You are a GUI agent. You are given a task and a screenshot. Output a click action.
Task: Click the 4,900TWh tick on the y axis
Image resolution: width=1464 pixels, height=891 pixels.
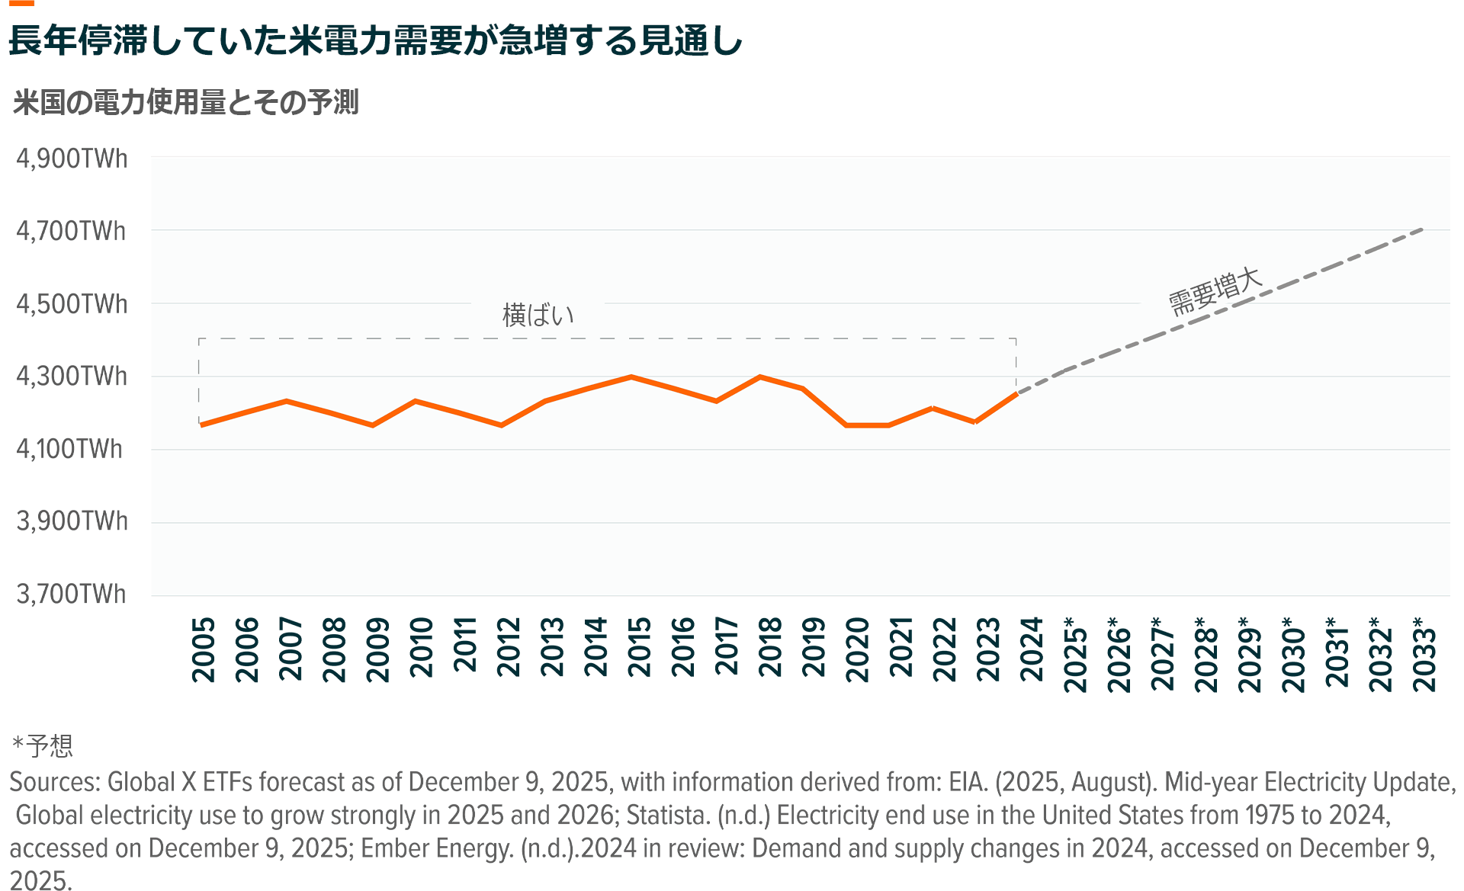tap(72, 159)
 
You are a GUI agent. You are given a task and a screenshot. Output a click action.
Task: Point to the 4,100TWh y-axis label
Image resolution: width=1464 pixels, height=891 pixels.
tap(69, 448)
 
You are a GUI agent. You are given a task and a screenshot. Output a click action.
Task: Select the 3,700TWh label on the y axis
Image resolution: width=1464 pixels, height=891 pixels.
tap(72, 594)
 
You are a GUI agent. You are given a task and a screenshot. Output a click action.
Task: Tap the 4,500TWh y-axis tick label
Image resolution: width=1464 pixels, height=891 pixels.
tap(72, 304)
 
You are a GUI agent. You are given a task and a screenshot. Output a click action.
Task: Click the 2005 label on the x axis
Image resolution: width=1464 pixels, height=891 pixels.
tap(204, 650)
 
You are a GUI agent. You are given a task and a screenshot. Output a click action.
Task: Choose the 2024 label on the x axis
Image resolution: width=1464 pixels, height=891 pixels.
tap(1031, 649)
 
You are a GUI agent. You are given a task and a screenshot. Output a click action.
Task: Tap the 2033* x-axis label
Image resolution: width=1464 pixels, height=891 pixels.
tap(1424, 654)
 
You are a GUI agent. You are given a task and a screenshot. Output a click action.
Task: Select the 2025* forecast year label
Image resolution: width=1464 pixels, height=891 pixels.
tap(1075, 655)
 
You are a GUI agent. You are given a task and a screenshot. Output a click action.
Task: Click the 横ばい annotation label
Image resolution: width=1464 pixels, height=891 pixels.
tap(538, 315)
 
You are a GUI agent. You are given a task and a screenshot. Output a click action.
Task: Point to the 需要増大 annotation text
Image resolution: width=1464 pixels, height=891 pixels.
tap(1215, 291)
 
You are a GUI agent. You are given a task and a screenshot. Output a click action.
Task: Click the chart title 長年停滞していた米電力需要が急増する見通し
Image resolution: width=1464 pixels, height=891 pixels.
tap(375, 40)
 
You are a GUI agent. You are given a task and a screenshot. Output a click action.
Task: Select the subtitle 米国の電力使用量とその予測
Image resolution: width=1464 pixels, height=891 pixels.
tap(186, 102)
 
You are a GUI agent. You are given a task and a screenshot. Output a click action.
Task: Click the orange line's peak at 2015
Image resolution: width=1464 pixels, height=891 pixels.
tap(631, 377)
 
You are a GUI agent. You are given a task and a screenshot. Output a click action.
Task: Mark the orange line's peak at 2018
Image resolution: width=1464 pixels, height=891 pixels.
tap(759, 377)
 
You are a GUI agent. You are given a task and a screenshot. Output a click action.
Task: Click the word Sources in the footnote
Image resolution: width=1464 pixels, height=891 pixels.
tap(55, 782)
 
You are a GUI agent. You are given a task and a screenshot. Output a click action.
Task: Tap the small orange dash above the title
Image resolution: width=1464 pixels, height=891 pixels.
tap(21, 3)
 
